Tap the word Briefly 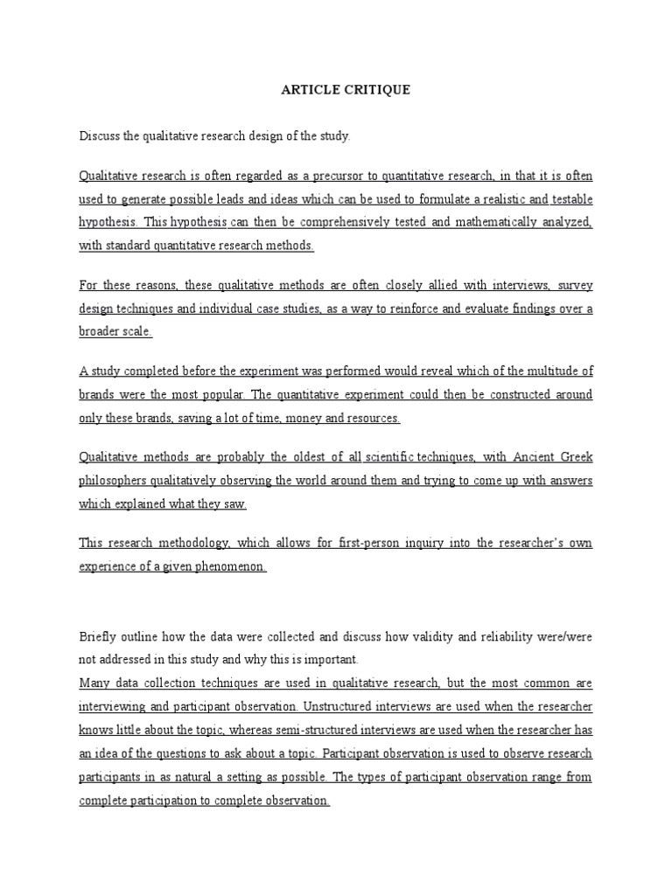coord(98,636)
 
